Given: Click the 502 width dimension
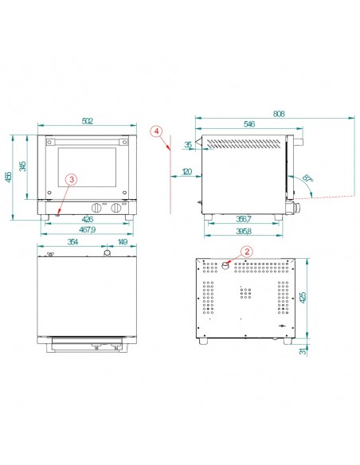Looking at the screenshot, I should click(88, 120).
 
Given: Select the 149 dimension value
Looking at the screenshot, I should click(122, 243).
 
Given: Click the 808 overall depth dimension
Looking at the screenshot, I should click(280, 114).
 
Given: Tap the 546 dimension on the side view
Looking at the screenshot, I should click(248, 125).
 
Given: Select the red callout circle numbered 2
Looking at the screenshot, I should click(246, 252).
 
